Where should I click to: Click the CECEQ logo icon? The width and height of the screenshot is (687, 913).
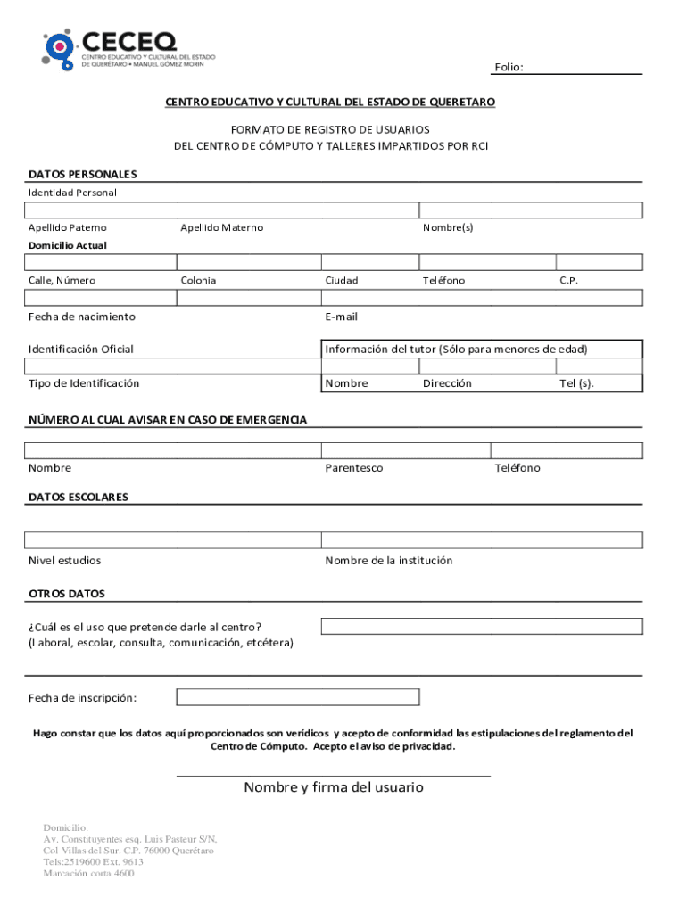point(59,49)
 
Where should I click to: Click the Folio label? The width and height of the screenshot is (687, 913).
point(509,68)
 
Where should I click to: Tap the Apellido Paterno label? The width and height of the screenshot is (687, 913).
point(67,227)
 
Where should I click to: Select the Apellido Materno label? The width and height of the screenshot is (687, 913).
point(221,227)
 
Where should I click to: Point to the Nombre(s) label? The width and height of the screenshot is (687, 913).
point(448,227)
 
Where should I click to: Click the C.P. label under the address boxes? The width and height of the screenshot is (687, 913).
point(569,280)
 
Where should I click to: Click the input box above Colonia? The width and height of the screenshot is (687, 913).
point(248,262)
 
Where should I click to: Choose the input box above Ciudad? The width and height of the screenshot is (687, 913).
point(369,262)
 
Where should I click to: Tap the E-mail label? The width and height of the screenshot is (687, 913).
point(341,317)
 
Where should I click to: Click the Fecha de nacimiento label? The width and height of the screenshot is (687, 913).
point(82,317)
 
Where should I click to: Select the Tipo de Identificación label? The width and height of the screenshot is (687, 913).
point(84,383)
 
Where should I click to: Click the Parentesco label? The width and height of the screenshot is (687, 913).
point(353,468)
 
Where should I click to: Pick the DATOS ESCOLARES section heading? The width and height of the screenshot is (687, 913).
point(79,497)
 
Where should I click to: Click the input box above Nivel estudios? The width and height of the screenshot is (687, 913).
point(173,540)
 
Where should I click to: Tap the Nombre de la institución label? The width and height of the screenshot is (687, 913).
point(389,561)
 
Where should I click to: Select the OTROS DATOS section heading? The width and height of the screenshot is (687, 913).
point(67,593)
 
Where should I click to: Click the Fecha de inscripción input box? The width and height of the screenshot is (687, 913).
point(297,697)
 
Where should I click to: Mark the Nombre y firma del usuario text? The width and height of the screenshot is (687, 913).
point(334,787)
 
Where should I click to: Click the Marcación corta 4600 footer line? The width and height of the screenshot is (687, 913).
point(88,874)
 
